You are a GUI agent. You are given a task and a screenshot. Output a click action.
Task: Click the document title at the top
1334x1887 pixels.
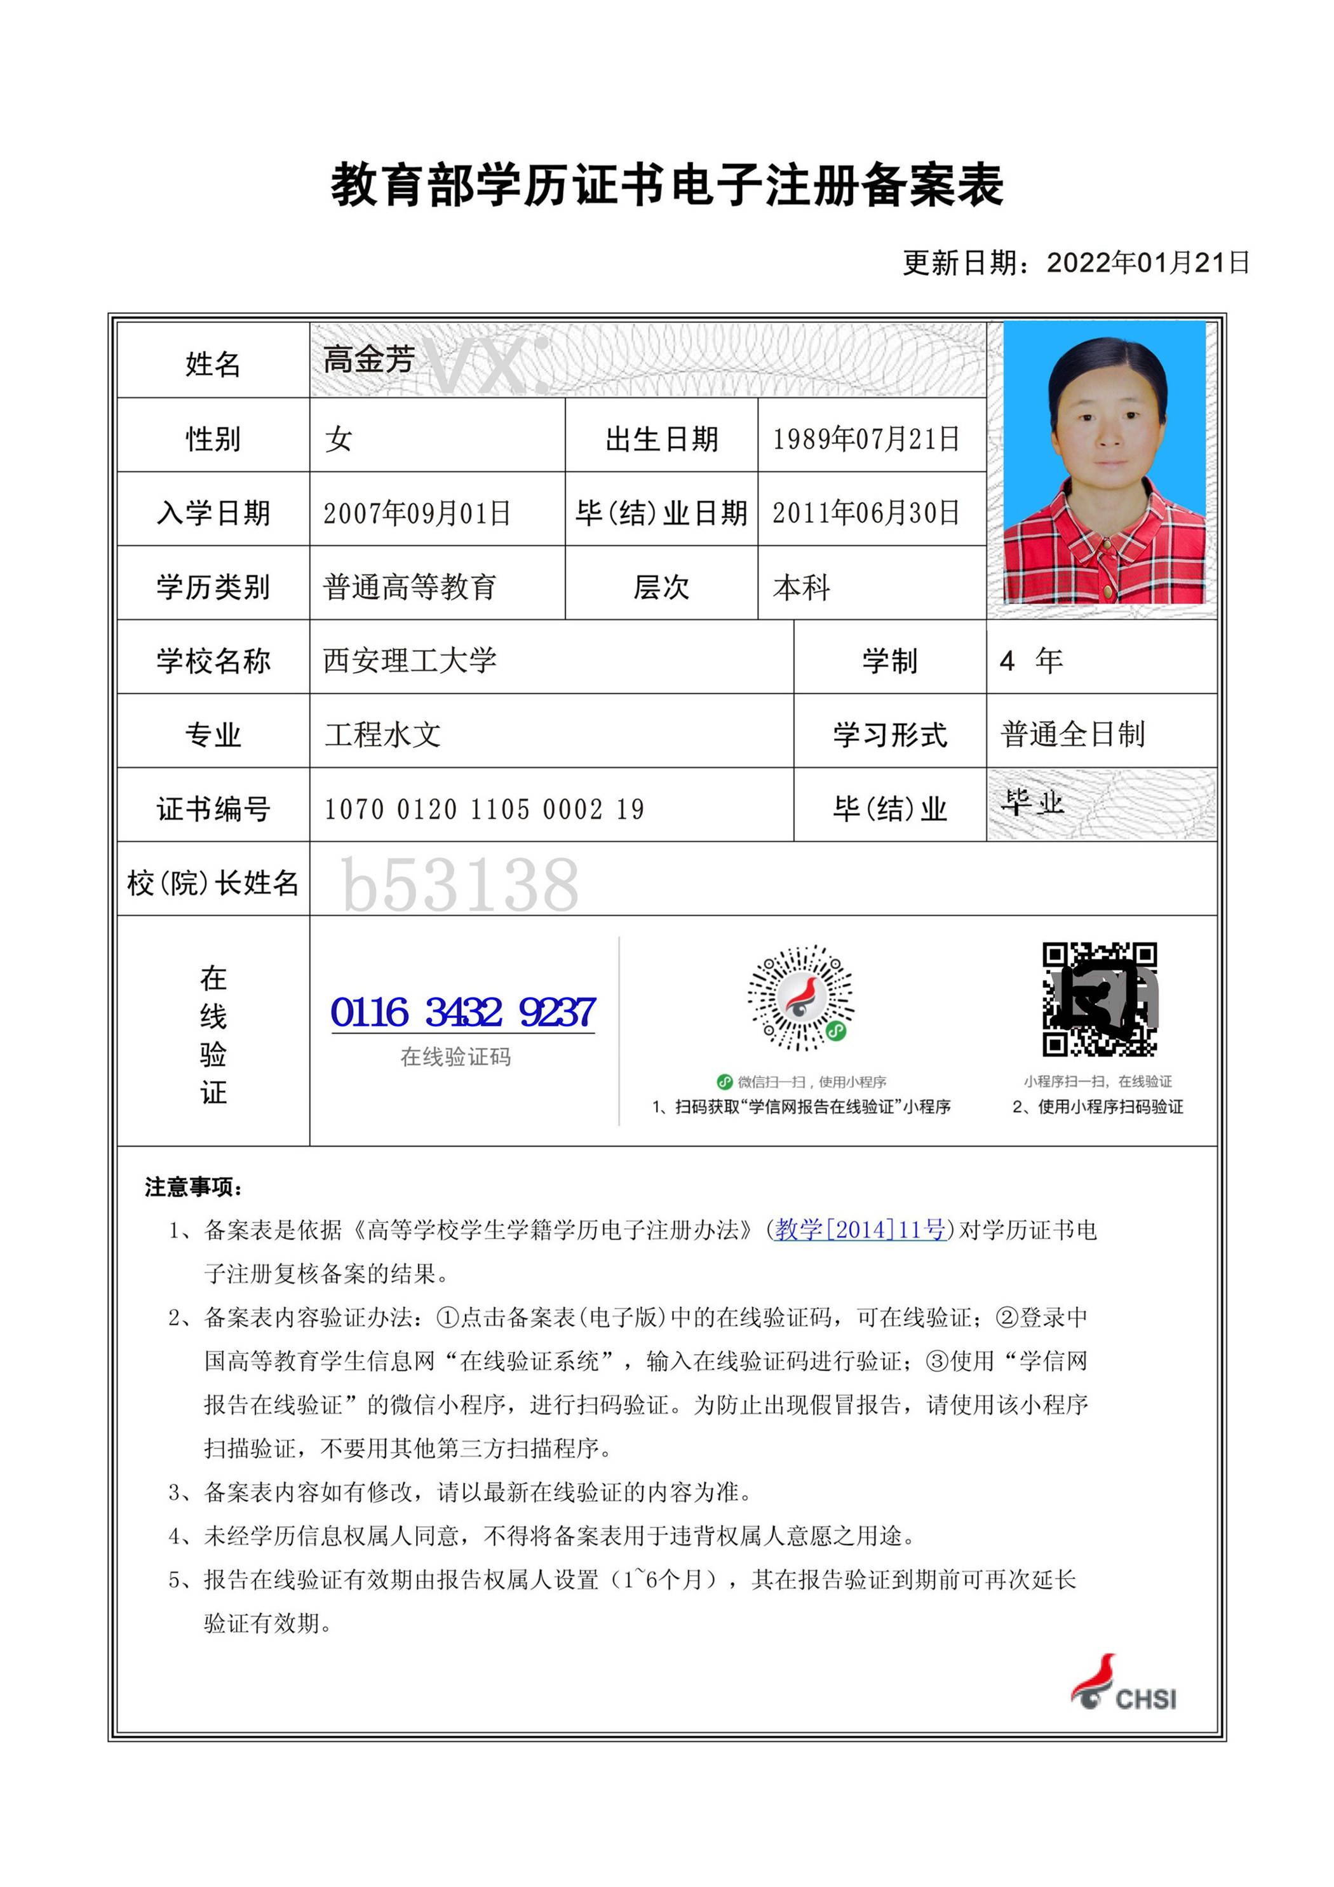click(666, 184)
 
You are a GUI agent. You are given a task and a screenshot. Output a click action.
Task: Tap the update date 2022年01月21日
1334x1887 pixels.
click(1147, 263)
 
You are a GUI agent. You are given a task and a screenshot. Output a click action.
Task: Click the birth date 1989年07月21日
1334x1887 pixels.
click(865, 439)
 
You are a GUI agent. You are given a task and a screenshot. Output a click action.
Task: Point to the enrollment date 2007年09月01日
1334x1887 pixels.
click(417, 513)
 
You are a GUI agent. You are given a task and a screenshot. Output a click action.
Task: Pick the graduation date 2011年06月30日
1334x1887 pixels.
click(865, 513)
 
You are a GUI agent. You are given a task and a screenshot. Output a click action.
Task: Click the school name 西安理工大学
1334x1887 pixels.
click(409, 660)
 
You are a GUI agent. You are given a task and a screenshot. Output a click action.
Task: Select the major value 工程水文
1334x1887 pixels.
click(382, 734)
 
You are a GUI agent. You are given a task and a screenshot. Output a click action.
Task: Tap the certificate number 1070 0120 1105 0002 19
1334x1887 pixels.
click(483, 809)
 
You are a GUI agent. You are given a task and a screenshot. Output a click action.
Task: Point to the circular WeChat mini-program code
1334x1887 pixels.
click(800, 997)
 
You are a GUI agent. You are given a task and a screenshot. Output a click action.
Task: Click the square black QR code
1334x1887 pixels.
click(1099, 999)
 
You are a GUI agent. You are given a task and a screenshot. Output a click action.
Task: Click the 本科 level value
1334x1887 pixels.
click(802, 587)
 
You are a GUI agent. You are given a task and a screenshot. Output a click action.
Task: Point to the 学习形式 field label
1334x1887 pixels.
click(889, 734)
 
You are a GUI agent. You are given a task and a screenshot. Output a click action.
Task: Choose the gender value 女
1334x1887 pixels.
click(339, 439)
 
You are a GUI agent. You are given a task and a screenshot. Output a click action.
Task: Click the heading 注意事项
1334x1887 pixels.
click(193, 1187)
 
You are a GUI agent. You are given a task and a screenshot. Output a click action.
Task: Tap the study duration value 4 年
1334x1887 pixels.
click(1031, 660)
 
